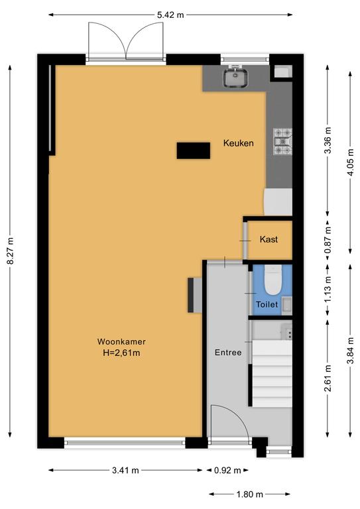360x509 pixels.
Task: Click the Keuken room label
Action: pos(238,143)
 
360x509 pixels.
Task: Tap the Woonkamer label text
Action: pos(121,341)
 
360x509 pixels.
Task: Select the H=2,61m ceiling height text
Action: pos(121,353)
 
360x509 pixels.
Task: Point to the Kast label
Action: pos(269,239)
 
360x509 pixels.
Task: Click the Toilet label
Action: pos(267,304)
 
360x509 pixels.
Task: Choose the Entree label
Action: pos(228,353)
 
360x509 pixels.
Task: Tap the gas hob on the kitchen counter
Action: pos(282,142)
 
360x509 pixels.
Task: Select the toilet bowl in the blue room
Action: pos(272,280)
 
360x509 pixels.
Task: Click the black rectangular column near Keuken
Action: pos(193,150)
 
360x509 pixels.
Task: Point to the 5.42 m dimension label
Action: pos(170,15)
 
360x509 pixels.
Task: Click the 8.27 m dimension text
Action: pos(11,251)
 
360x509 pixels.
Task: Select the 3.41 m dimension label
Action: pos(125,470)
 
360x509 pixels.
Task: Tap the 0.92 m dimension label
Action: pos(227,470)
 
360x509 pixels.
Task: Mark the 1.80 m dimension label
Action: pos(250,494)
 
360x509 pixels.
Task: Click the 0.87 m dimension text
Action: pos(328,239)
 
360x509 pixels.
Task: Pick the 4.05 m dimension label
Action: pos(351,162)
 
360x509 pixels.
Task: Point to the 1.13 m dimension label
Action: pos(328,289)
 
